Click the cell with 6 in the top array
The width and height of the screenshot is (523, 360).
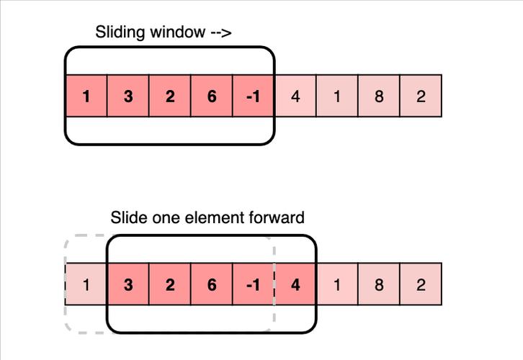coord(212,96)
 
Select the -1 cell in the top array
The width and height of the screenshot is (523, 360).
coord(253,96)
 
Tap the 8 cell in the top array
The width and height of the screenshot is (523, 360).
coord(379,96)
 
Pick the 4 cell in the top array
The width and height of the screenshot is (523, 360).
coord(295,96)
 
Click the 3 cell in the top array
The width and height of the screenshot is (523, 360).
coord(128,96)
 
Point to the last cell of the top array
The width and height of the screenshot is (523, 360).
coord(421,96)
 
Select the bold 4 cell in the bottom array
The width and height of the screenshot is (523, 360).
coord(295,284)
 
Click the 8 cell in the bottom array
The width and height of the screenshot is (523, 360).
coord(379,284)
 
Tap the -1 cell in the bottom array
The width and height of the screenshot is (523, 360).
coord(253,284)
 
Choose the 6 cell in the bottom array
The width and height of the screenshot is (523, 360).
coord(212,284)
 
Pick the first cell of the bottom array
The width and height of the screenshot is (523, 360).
coord(86,284)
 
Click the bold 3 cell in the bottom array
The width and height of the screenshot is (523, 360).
coord(128,284)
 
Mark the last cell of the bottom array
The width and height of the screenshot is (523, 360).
coord(421,284)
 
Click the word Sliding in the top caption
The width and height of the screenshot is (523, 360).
coord(120,32)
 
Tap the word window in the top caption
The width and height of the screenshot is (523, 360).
coord(177,32)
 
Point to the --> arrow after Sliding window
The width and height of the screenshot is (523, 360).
coord(221,32)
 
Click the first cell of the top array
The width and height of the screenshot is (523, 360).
coord(86,96)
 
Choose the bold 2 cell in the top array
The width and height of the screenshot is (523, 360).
coord(170,96)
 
